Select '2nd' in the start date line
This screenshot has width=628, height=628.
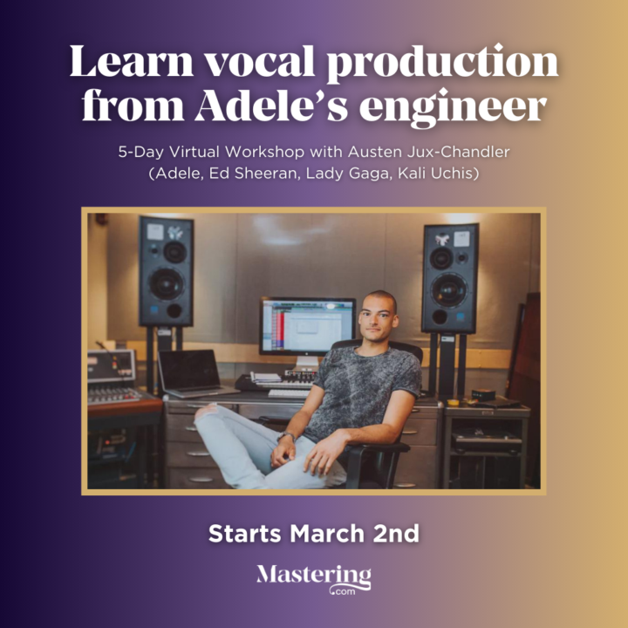pos(397,533)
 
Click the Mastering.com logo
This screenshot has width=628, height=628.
pos(314,578)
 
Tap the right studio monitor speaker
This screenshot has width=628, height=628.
pos(449,278)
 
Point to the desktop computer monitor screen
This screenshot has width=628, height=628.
pos(307,325)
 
